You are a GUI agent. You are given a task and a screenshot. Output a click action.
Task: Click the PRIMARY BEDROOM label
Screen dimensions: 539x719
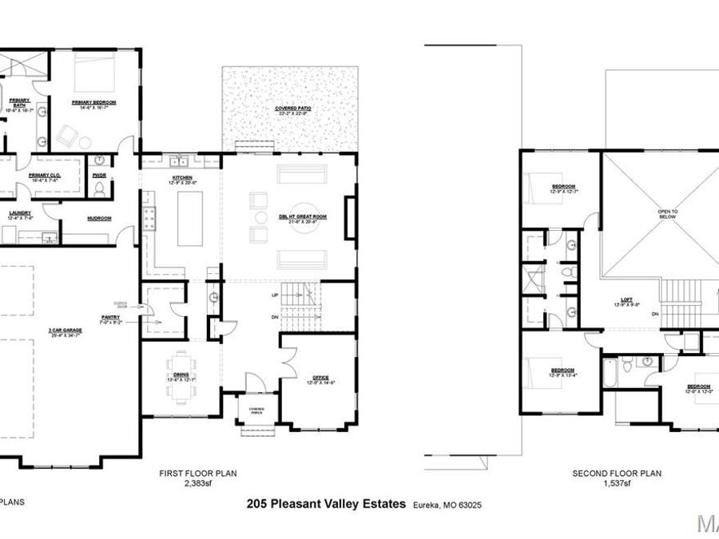pos(94,103)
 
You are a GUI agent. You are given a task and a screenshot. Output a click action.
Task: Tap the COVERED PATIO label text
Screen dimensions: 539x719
pos(292,108)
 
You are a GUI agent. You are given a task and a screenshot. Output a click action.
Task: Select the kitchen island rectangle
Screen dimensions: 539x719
pos(189,218)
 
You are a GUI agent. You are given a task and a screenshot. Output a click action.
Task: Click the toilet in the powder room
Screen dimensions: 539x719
pos(100,188)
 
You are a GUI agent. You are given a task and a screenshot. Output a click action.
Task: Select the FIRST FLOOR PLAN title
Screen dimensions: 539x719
pos(193,474)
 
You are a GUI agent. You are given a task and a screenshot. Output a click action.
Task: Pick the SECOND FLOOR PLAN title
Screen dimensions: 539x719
pos(617,474)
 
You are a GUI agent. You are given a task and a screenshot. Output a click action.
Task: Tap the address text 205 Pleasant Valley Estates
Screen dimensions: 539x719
pos(327,504)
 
